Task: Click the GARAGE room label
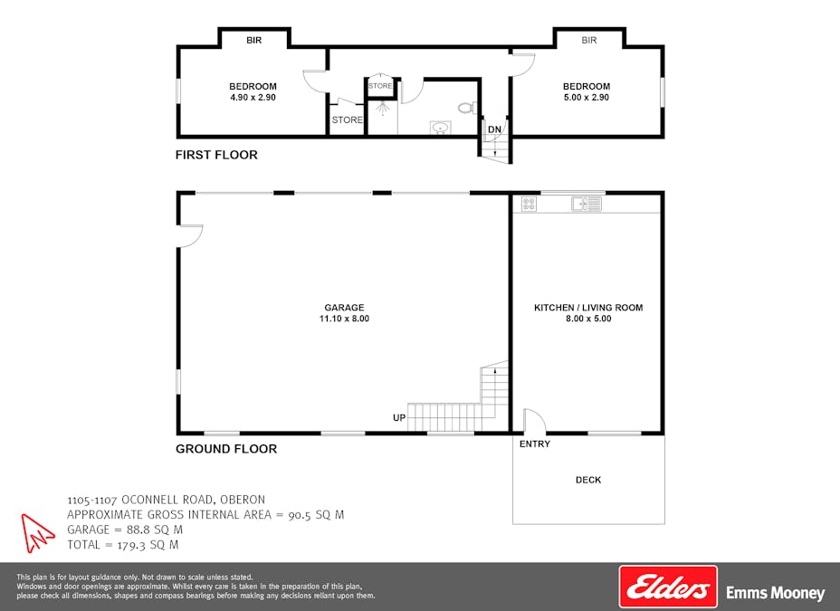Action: (344, 307)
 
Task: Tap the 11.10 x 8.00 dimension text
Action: (344, 319)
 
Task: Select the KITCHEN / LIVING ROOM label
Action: (588, 308)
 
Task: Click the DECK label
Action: (588, 480)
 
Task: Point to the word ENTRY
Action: (535, 444)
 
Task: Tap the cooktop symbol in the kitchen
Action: (529, 205)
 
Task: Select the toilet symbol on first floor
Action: (466, 108)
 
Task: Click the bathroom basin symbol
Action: (440, 128)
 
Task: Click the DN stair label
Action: (494, 129)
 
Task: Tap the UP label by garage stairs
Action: (399, 417)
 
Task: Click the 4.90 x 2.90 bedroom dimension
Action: (253, 97)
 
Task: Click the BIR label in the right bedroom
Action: (589, 40)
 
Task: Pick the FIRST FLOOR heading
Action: (216, 155)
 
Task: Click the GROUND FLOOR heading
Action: (226, 449)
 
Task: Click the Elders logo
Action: (668, 587)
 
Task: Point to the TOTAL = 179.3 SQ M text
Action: (123, 545)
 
